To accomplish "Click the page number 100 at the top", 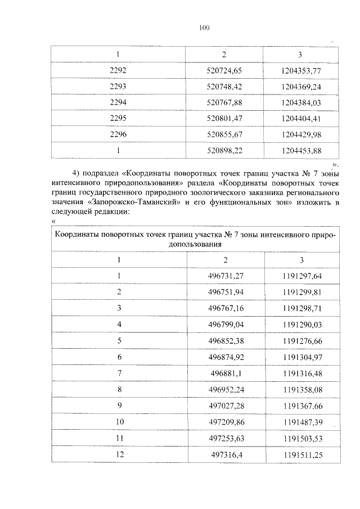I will pos(204,28).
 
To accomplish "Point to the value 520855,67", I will pos(224,134).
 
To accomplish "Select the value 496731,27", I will pos(225,276).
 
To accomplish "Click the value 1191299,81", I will pos(302,292).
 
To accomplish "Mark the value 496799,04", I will pos(225,325).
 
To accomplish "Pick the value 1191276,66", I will pos(302,341).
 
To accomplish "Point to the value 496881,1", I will pos(225,373).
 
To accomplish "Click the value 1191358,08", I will pos(302,390).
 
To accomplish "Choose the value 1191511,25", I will pos(302,456).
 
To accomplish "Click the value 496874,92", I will pos(225,357).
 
